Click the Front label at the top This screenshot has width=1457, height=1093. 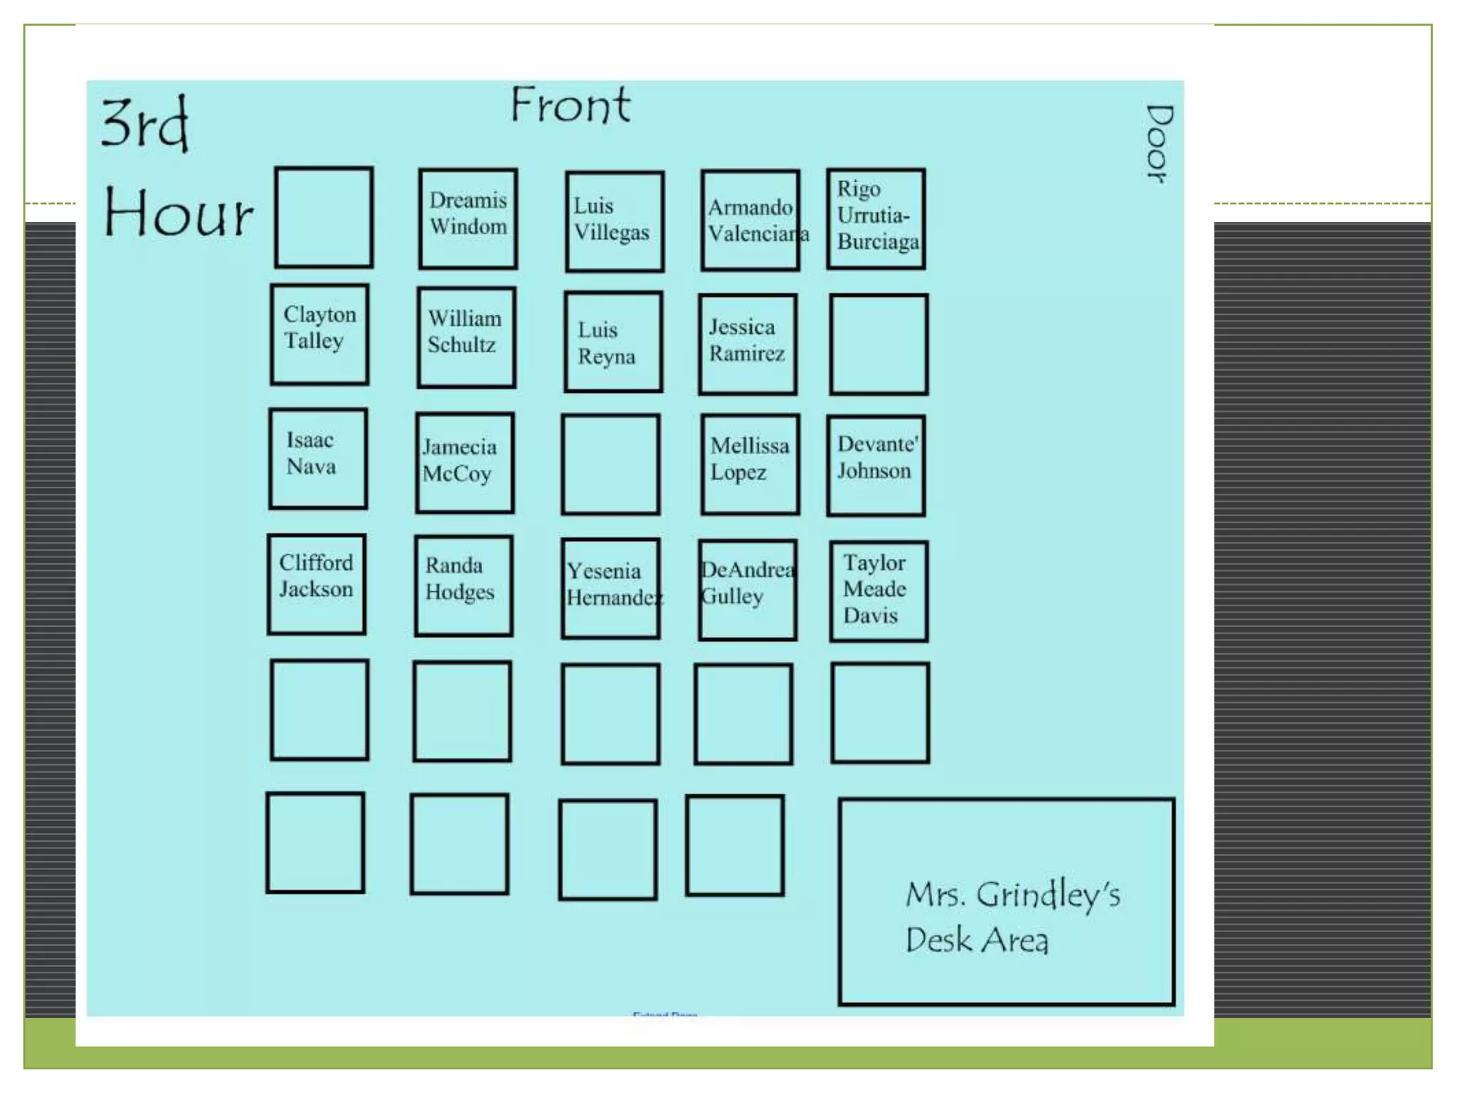point(571,105)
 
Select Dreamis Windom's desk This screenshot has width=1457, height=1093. point(468,218)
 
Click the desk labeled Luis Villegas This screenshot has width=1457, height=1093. point(615,221)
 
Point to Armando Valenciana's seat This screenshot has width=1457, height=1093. point(750,221)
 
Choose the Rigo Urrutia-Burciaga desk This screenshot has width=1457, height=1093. point(876,218)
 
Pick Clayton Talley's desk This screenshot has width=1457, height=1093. point(319,334)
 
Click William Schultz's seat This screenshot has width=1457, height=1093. point(466,337)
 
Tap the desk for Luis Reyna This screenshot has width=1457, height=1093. point(613,342)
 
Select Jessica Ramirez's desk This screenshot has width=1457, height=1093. point(748,344)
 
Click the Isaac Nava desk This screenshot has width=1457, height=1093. point(318,459)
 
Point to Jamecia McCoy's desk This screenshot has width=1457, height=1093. point(465,463)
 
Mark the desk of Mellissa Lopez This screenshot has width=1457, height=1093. point(750,464)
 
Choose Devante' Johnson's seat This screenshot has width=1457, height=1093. point(876,465)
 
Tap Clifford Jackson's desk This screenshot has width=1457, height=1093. point(317,584)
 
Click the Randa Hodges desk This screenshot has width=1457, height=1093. point(463,586)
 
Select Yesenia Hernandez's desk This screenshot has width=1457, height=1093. point(610,588)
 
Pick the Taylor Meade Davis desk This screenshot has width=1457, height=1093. point(879,591)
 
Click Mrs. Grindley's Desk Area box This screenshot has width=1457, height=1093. point(1006,902)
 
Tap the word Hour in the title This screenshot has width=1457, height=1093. point(178,213)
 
